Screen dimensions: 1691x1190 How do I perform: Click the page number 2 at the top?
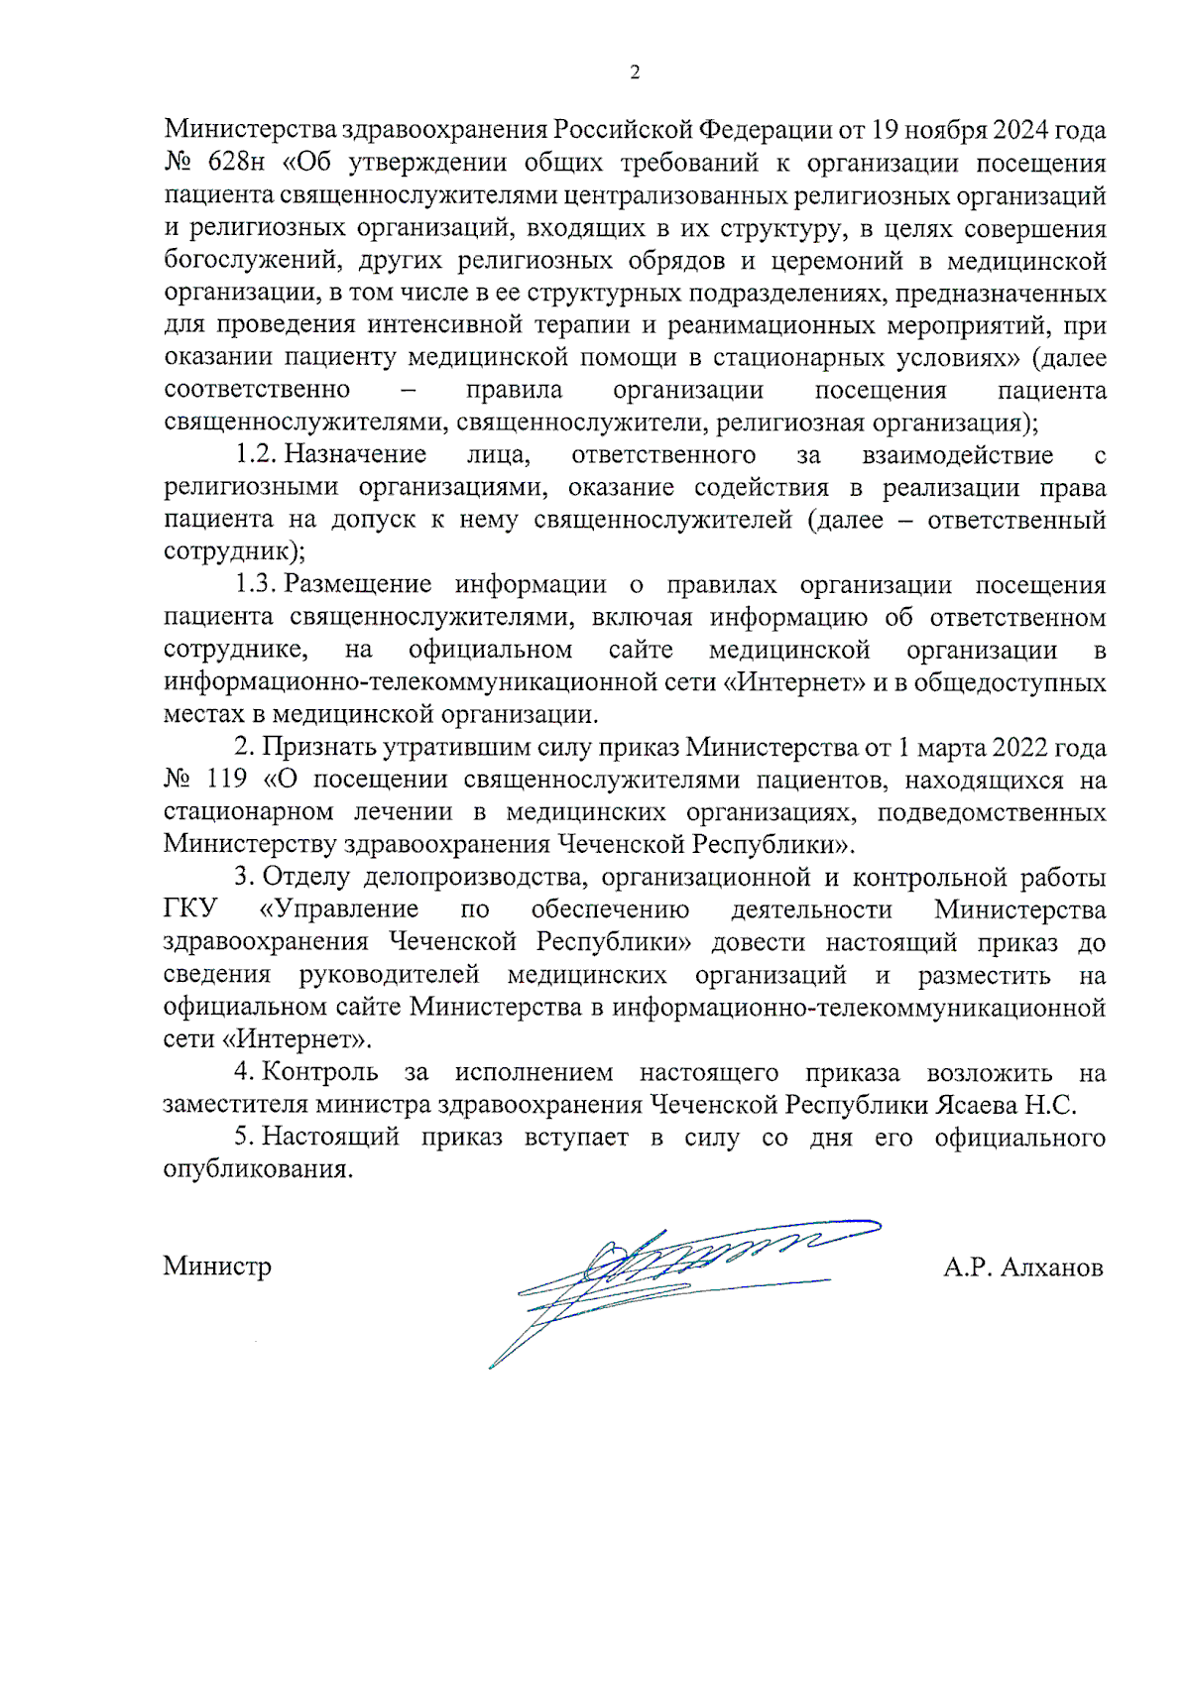[635, 71]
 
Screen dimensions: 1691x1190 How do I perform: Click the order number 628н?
[236, 163]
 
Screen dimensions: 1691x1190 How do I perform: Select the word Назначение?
[355, 454]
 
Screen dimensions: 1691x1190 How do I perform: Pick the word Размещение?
[357, 584]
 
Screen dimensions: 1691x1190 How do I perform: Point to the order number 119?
[226, 780]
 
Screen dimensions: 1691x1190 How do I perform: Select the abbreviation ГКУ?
[190, 909]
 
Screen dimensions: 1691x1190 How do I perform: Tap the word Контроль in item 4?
[319, 1072]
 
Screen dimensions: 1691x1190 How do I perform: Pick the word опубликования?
[258, 1169]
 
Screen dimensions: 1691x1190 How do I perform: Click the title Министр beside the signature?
[217, 1267]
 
